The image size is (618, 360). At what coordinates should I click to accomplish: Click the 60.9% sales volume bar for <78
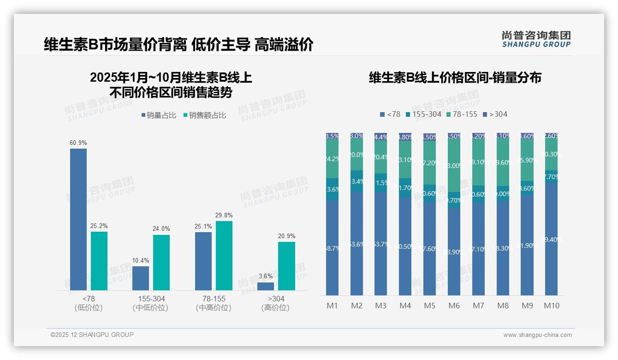pos(78,219)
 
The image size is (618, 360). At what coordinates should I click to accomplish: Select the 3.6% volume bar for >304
pos(266,286)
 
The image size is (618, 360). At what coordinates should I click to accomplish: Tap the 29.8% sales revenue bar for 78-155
pos(224,255)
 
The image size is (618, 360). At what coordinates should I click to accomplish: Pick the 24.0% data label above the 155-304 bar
pos(161,228)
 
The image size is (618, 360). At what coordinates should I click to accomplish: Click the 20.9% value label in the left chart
pos(286,236)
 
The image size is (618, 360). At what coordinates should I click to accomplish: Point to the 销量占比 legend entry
pos(159,115)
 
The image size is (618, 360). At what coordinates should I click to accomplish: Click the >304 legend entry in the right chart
pos(495,114)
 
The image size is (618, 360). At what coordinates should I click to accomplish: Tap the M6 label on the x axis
pos(454,306)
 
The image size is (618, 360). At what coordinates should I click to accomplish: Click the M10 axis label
pos(552,306)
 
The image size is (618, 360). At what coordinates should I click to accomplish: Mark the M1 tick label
pos(333,306)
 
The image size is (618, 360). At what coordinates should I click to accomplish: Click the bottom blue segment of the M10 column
pos(552,239)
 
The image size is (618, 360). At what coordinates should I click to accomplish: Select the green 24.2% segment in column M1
pos(333,159)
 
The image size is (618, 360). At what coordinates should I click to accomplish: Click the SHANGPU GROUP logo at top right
pos(536,39)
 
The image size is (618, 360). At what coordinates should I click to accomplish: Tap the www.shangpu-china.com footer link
pos(537,335)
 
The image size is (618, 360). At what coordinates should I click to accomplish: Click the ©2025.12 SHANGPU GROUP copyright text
pos(92,335)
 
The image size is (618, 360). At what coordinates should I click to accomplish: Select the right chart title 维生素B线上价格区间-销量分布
pos(455,78)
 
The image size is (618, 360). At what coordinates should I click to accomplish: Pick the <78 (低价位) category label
pos(89,303)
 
